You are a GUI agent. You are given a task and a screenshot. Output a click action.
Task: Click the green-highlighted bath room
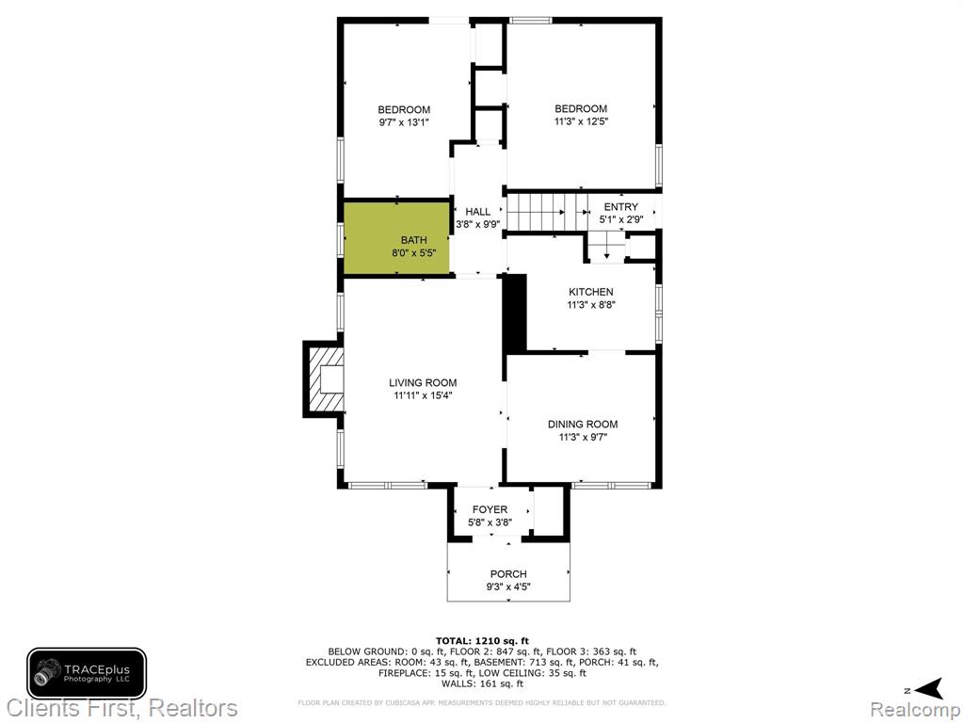click(396, 238)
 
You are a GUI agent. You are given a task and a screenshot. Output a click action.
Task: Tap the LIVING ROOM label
click(423, 382)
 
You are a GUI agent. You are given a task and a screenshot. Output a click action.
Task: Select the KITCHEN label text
click(591, 292)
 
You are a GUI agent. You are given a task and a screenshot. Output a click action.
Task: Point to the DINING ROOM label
click(583, 425)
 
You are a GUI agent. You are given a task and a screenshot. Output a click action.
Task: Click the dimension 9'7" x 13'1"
click(404, 122)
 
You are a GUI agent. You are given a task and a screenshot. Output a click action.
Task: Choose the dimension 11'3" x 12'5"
click(581, 121)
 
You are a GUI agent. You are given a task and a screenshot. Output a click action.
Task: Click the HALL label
click(477, 212)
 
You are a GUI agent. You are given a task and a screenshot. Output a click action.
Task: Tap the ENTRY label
click(621, 206)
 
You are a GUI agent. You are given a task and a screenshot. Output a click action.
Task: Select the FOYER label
click(490, 509)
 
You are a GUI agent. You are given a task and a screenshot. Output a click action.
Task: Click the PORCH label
click(508, 574)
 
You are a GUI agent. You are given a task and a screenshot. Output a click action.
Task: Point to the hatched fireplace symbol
click(324, 379)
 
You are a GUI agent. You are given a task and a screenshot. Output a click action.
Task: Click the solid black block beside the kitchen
click(516, 313)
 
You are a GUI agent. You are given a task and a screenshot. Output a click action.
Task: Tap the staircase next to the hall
click(547, 212)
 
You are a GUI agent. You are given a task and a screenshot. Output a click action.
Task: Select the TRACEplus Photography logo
click(87, 673)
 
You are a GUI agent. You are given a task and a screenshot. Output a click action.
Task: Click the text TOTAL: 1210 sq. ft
click(482, 641)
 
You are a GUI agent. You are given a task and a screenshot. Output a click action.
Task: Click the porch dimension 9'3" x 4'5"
click(508, 587)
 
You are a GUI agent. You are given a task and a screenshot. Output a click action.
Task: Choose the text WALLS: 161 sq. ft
click(482, 683)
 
